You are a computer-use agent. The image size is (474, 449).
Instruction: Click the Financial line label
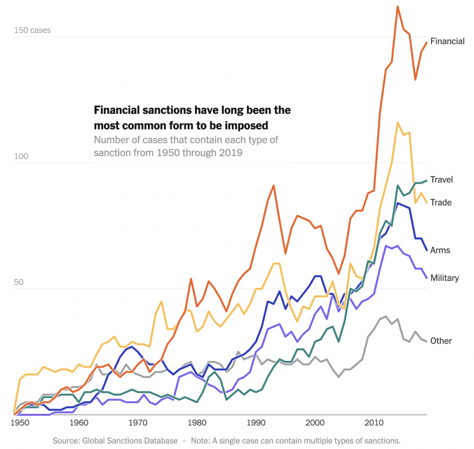(x=447, y=41)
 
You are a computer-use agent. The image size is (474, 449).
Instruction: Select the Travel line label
(x=441, y=180)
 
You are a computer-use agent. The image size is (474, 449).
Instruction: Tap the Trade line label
(x=441, y=202)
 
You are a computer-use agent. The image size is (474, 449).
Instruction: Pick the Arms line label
(x=440, y=250)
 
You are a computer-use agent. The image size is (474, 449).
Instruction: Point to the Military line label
(x=444, y=278)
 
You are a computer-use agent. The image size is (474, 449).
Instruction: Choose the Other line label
(x=441, y=341)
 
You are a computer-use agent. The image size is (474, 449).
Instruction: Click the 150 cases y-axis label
(x=32, y=30)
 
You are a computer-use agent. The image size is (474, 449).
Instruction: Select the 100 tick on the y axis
(x=21, y=156)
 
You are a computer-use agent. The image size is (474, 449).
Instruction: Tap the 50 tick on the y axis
(x=19, y=282)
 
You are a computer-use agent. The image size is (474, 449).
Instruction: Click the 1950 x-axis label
(x=20, y=423)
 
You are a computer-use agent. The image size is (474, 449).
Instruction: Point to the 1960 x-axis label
(x=79, y=423)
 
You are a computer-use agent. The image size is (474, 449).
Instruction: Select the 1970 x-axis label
(x=138, y=423)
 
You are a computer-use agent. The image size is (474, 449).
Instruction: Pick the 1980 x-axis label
(x=197, y=423)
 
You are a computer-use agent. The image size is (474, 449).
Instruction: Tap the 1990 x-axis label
(x=256, y=423)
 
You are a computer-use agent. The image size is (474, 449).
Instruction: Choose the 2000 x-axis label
(x=315, y=423)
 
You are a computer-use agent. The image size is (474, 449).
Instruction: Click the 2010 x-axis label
(x=374, y=423)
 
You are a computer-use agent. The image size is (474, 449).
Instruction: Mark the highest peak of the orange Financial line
(x=398, y=7)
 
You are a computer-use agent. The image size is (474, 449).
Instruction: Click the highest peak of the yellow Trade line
(x=398, y=122)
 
